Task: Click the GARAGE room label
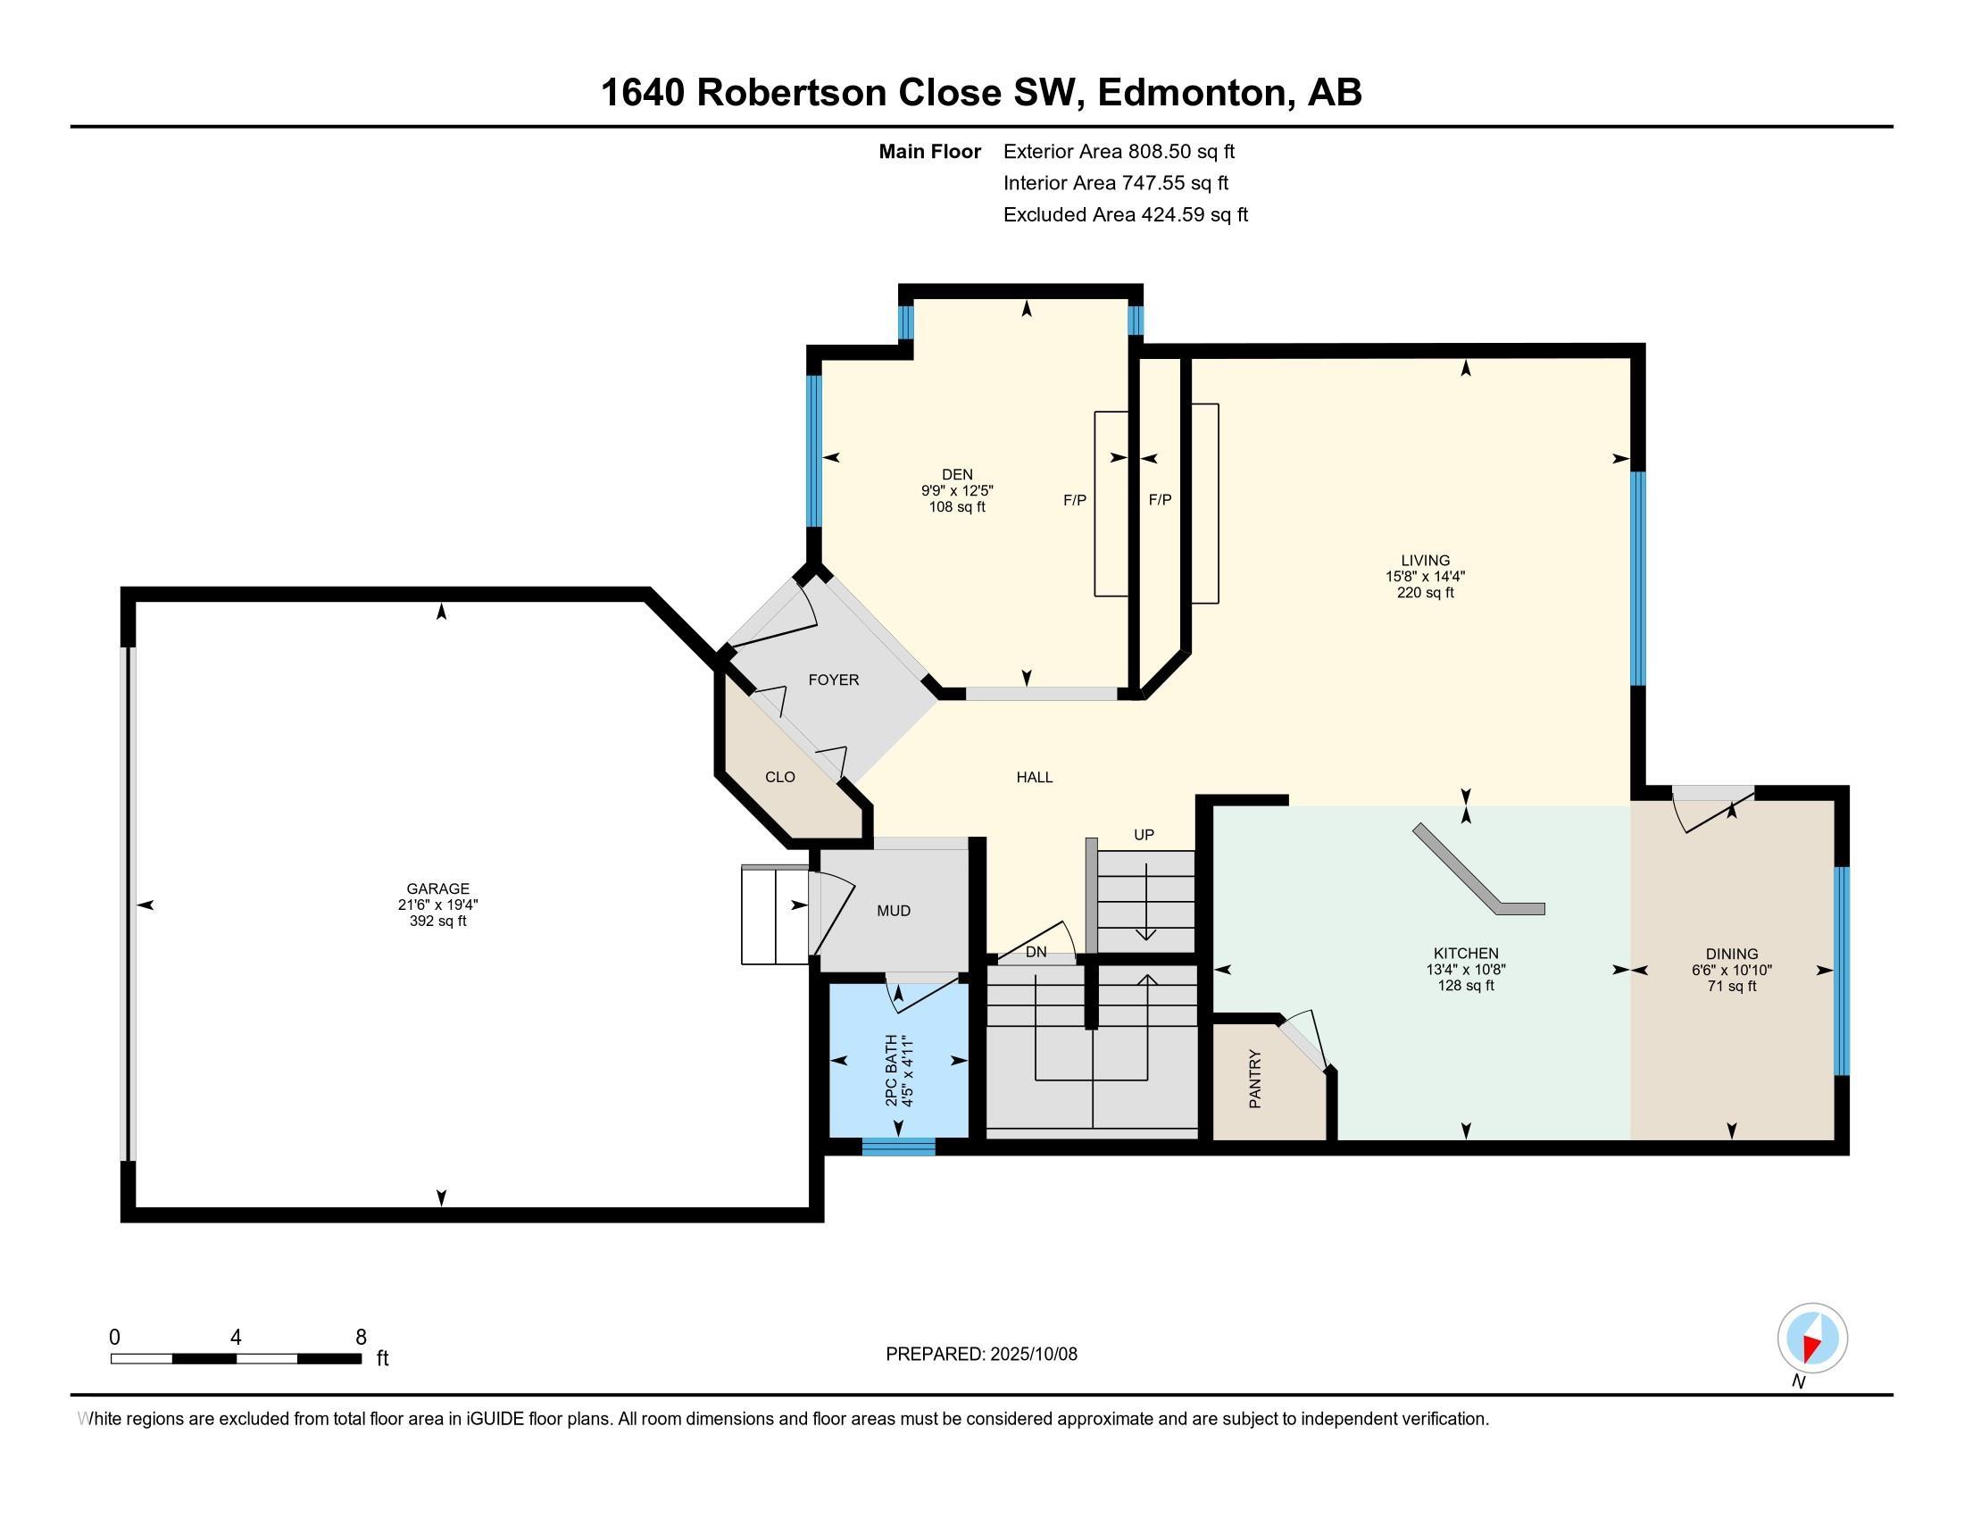tap(437, 888)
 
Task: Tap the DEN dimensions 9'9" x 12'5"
tap(957, 490)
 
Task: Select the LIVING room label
tap(1425, 560)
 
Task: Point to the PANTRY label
tap(1255, 1079)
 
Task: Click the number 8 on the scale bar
tap(361, 1338)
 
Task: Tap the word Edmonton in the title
tap(1194, 93)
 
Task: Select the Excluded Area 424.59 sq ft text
tap(1125, 215)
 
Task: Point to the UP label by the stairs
tap(1143, 835)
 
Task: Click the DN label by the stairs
tap(1036, 952)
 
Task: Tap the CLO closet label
tap(779, 777)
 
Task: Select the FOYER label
tap(834, 680)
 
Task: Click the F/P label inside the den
tap(1075, 500)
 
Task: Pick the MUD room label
tap(894, 911)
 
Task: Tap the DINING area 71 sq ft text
tap(1731, 987)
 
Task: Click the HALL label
tap(1034, 777)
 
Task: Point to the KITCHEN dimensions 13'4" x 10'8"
tap(1465, 970)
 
